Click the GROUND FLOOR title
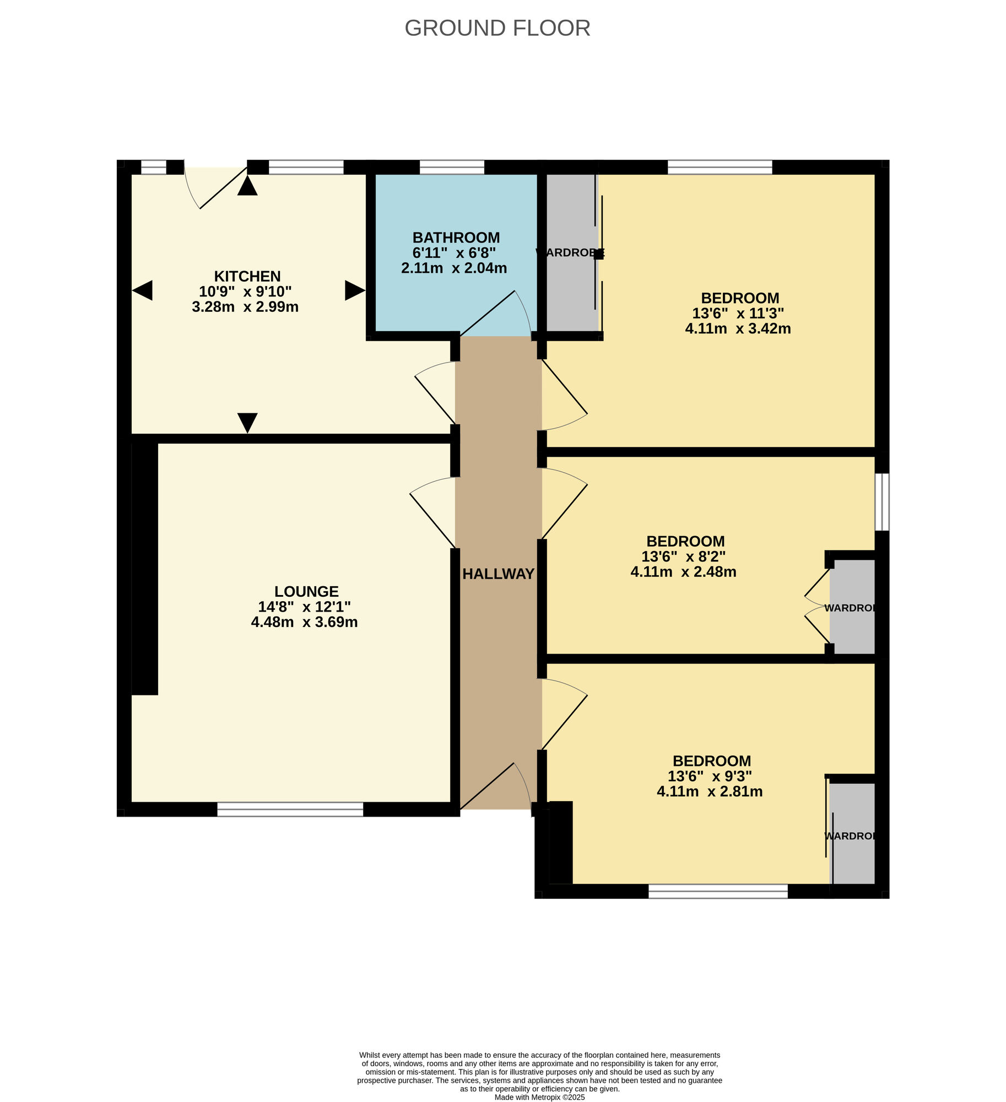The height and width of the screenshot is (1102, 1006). pyautogui.click(x=497, y=28)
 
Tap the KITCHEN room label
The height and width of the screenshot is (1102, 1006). pyautogui.click(x=247, y=276)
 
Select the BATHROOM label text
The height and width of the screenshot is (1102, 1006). pyautogui.click(x=456, y=237)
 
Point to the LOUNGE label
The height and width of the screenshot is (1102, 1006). pyautogui.click(x=306, y=591)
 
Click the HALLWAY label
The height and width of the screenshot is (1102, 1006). pyautogui.click(x=498, y=574)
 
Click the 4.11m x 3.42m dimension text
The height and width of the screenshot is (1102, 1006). pyautogui.click(x=738, y=329)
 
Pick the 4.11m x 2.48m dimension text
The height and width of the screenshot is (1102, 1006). pyautogui.click(x=683, y=572)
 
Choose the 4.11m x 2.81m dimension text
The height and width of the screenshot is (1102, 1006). pyautogui.click(x=710, y=792)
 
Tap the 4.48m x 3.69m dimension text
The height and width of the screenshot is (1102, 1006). pyautogui.click(x=304, y=622)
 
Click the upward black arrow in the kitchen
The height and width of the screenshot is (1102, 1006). pyautogui.click(x=247, y=186)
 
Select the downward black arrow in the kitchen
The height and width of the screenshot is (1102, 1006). pyautogui.click(x=247, y=422)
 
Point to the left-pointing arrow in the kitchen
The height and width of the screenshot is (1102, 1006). pyautogui.click(x=142, y=290)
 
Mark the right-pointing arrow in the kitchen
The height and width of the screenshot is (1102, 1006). pyautogui.click(x=354, y=290)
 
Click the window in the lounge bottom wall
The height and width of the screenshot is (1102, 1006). pyautogui.click(x=290, y=809)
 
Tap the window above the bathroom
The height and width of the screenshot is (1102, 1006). pyautogui.click(x=451, y=167)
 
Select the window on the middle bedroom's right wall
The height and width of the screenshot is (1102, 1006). pyautogui.click(x=881, y=501)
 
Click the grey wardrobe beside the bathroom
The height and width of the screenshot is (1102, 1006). pyautogui.click(x=570, y=253)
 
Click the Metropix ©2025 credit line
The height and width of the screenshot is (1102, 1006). pyautogui.click(x=539, y=1097)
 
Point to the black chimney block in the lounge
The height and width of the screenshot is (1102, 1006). pyautogui.click(x=145, y=569)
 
